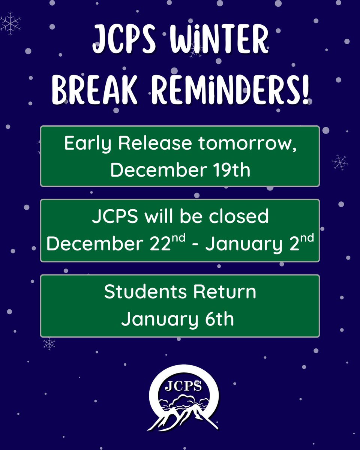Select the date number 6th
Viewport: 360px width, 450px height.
(220, 319)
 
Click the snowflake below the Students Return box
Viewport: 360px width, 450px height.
(49, 343)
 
